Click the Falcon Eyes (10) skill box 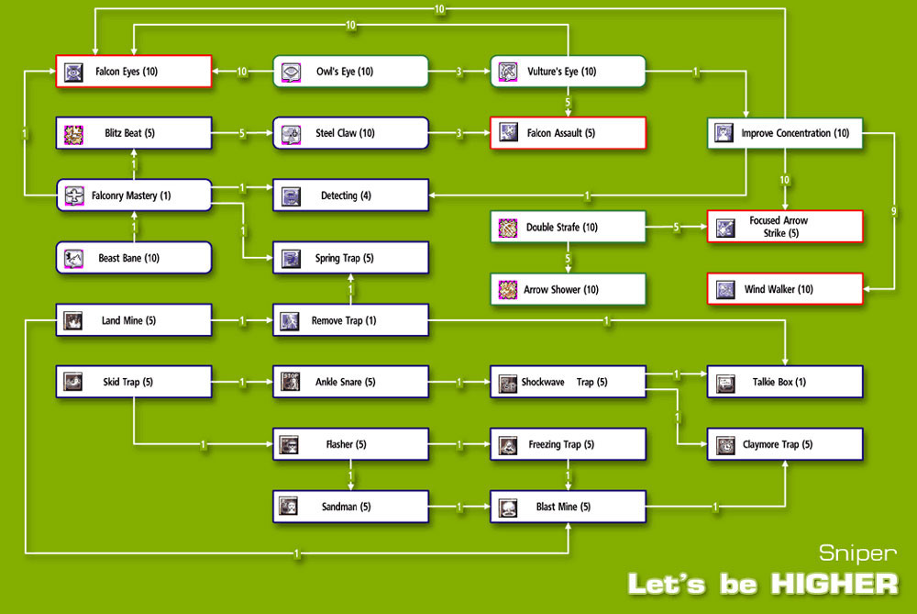pos(134,72)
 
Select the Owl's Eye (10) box pos(350,72)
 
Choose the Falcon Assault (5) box pos(568,133)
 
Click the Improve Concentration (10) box pos(785,133)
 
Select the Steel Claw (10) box pos(350,133)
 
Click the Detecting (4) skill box pos(350,195)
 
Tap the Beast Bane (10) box pos(134,258)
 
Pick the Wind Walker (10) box pos(785,290)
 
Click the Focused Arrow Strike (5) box pos(785,227)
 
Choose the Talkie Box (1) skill pos(785,382)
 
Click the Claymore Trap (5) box pos(785,444)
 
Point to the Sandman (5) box pos(350,506)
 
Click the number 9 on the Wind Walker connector pos(894,212)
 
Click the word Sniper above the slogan pos(858,553)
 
